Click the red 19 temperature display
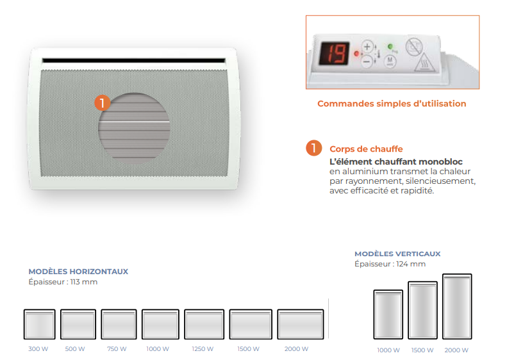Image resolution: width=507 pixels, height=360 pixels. [x=335, y=53]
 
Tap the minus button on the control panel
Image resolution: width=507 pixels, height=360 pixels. [x=367, y=61]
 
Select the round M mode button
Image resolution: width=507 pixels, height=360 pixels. [x=390, y=61]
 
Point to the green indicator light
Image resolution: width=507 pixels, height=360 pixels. [x=390, y=47]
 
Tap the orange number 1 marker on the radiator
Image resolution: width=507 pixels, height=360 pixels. [x=102, y=102]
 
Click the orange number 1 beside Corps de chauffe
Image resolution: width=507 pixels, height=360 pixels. [x=313, y=148]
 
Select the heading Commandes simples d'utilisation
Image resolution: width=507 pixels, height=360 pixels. [x=392, y=103]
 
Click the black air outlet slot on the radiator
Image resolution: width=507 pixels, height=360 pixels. [x=133, y=60]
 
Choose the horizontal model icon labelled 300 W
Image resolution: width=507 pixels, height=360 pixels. [x=39, y=324]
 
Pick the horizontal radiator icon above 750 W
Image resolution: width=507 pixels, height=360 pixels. [x=119, y=324]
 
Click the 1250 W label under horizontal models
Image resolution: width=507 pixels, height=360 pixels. [x=203, y=349]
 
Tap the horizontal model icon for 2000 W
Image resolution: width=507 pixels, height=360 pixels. [x=301, y=324]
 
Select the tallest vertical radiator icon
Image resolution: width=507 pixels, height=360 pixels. [x=457, y=306]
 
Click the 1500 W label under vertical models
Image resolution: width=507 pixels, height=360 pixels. [x=422, y=350]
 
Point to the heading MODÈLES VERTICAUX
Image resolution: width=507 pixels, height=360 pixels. [x=397, y=254]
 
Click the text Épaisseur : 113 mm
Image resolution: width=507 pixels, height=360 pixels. [x=63, y=282]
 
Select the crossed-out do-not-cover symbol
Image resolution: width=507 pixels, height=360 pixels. [x=414, y=46]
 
